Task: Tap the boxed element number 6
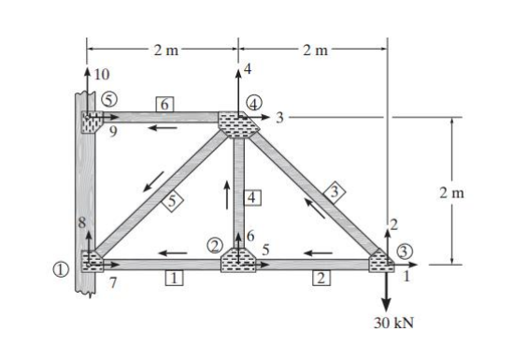[164, 104]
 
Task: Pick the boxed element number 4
[251, 197]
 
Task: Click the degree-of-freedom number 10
[102, 74]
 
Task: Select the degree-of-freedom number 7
[113, 281]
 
